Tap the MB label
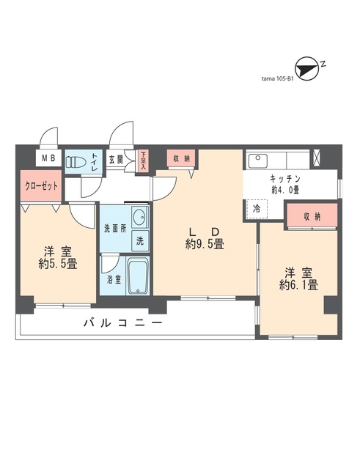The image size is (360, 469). (47, 158)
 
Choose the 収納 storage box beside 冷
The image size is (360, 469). (312, 216)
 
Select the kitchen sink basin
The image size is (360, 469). (260, 160)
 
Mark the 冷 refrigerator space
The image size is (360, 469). (257, 208)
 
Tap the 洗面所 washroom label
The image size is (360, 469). (114, 227)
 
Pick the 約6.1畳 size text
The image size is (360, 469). (298, 286)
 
